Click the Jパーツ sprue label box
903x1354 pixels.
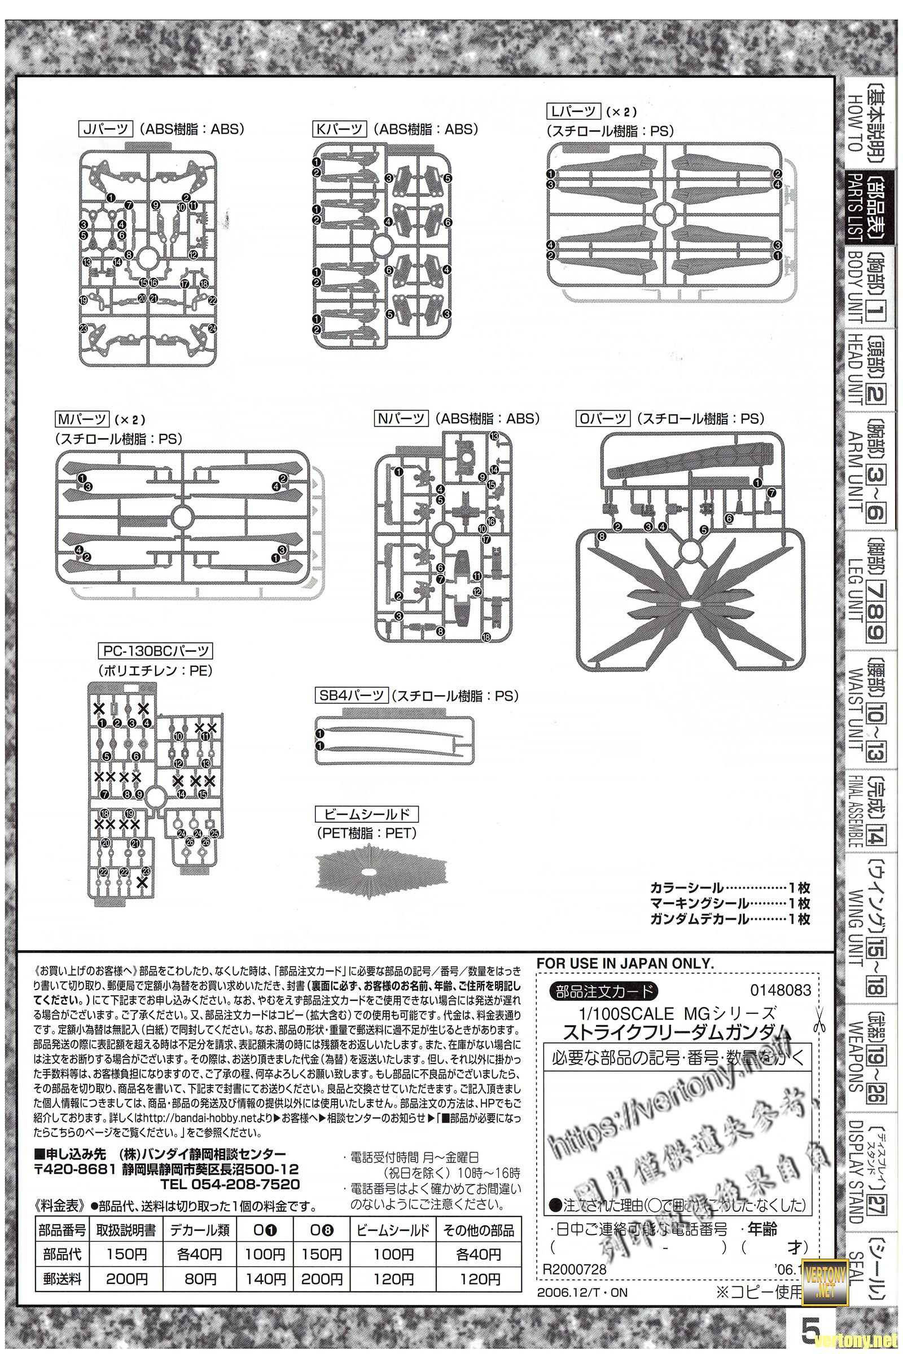tap(106, 129)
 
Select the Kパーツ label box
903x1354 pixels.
tap(339, 129)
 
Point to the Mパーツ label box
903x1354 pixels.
tap(82, 419)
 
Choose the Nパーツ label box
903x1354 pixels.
tap(401, 419)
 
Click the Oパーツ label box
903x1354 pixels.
tap(603, 419)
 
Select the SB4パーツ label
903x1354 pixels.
tap(352, 696)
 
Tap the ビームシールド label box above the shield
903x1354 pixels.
tap(366, 814)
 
